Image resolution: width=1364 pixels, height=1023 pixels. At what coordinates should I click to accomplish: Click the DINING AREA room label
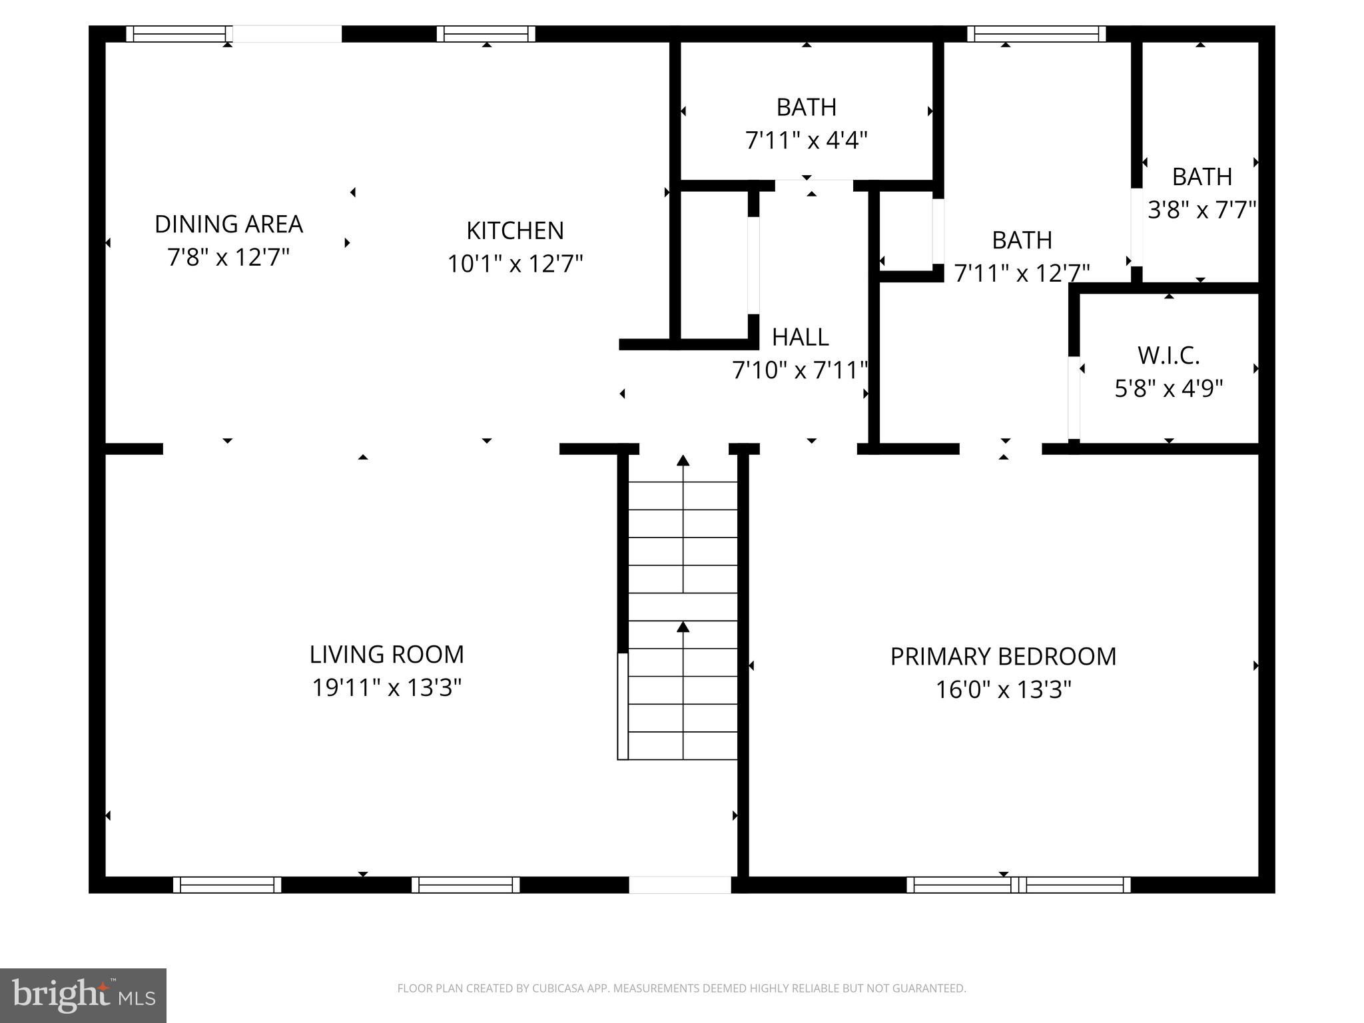[228, 224]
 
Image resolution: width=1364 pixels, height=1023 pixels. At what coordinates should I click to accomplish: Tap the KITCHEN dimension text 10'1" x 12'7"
[515, 264]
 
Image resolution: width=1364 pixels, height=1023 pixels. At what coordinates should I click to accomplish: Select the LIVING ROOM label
[386, 654]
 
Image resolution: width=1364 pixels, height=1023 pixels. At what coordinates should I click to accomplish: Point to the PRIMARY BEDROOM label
[1003, 657]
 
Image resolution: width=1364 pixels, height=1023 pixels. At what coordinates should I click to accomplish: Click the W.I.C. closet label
[1168, 356]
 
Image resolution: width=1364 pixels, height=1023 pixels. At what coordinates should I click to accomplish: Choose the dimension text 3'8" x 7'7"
[1201, 210]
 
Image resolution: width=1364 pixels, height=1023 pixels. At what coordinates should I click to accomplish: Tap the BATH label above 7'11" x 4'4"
[806, 107]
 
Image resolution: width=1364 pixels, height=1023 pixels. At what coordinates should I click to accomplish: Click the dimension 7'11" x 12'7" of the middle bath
[1022, 273]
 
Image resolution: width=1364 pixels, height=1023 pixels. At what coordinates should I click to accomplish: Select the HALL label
[800, 337]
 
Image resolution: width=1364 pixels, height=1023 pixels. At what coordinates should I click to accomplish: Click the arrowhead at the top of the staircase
[683, 460]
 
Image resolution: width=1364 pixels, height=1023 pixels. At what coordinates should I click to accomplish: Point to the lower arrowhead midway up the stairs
[683, 627]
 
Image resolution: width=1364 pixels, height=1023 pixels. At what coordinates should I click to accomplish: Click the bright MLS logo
[83, 995]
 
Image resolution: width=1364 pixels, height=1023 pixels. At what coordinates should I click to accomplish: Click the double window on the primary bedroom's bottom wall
[1018, 884]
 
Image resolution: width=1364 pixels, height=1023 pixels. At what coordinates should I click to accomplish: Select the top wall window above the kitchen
[486, 34]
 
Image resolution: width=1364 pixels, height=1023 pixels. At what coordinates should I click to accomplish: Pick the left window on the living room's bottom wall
[227, 884]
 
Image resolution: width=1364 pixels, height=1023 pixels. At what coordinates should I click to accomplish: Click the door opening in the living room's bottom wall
[680, 884]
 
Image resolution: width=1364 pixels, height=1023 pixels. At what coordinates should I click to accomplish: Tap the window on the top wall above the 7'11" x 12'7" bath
[1036, 34]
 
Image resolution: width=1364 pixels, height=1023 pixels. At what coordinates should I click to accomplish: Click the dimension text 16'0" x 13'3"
[1003, 689]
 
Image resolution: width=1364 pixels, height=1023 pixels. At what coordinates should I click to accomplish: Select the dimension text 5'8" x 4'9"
[1168, 388]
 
